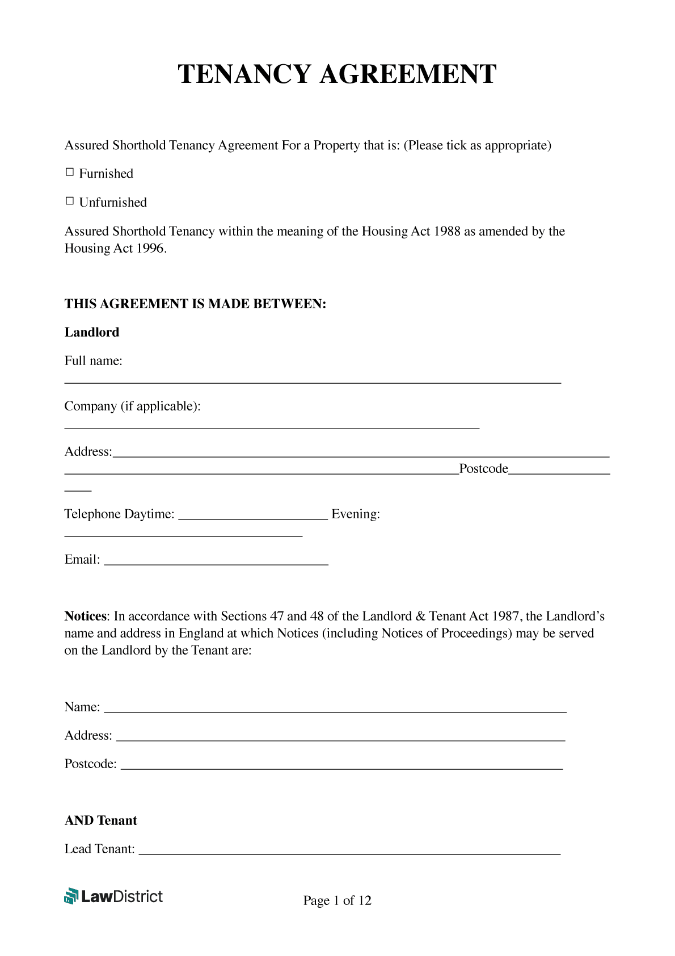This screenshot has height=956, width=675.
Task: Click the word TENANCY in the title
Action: point(245,74)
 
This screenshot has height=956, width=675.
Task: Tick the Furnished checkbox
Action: point(70,172)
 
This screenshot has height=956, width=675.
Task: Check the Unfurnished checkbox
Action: point(70,201)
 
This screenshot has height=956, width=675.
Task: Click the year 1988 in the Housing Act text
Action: point(447,231)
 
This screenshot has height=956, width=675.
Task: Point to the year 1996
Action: point(150,248)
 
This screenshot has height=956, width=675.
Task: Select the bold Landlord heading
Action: point(92,332)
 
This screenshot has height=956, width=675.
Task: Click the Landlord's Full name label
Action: point(93,360)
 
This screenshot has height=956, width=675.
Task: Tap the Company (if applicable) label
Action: point(132,406)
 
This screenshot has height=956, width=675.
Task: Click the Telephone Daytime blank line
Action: point(253,517)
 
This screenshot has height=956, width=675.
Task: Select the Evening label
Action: point(356,514)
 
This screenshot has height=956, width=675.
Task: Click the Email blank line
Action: point(216,562)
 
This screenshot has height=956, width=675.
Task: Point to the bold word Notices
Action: point(85,616)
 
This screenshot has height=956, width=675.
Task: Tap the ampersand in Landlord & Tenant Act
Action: point(420,616)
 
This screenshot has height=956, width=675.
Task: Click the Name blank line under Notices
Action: point(335,710)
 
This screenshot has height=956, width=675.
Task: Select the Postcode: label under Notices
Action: point(91,764)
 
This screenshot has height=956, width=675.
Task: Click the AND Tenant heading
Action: point(101,820)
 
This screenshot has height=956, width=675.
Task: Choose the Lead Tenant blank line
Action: point(349,852)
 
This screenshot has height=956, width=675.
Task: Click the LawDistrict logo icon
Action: point(71,896)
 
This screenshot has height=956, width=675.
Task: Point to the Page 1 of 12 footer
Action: point(337,900)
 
